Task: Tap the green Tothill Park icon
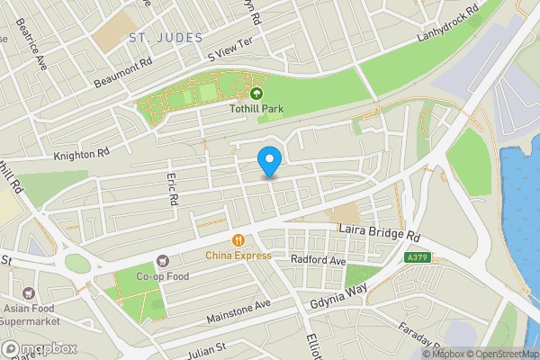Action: click(256, 93)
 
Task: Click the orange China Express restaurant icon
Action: click(238, 240)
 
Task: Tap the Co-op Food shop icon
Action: click(163, 260)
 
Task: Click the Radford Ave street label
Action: click(319, 260)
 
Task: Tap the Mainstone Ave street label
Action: click(238, 311)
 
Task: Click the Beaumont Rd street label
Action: click(123, 75)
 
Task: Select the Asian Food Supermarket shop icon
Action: click(30, 293)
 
